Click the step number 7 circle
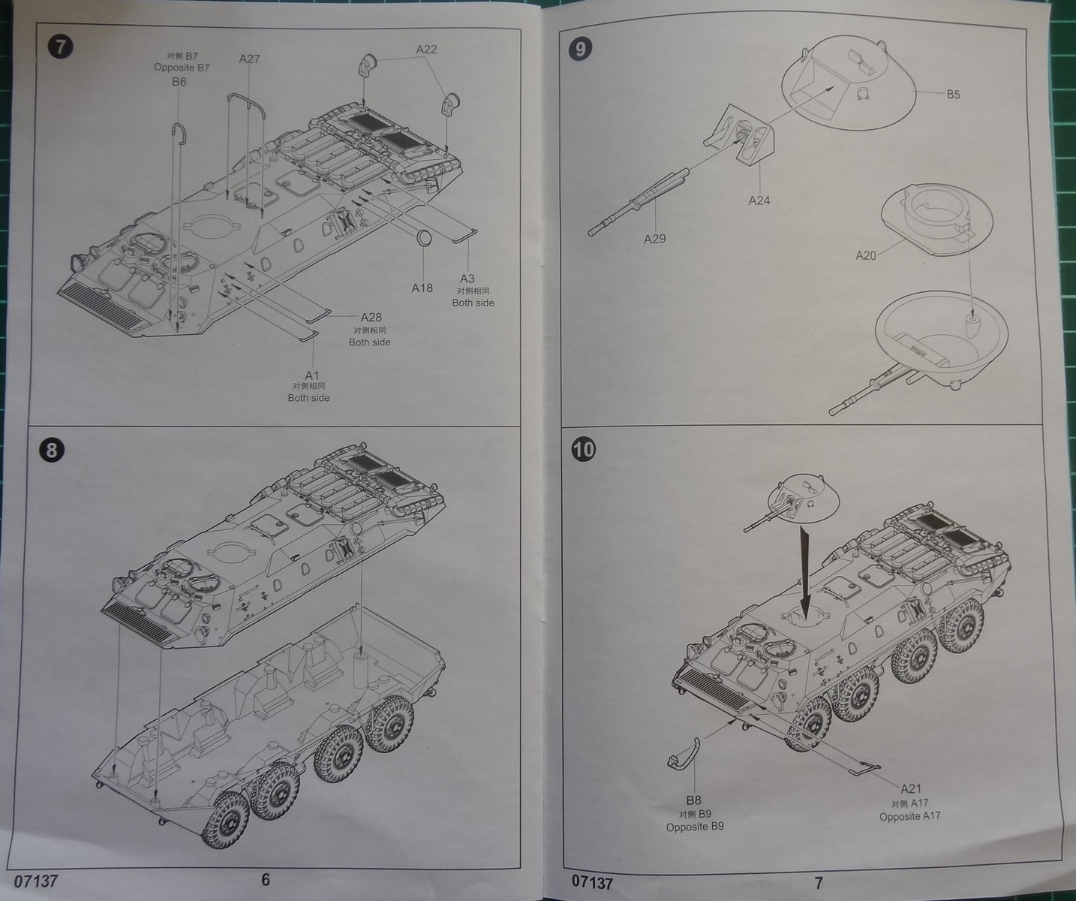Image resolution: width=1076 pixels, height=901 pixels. point(61,47)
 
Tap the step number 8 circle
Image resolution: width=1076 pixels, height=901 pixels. point(51,450)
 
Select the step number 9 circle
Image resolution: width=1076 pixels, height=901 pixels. point(581,49)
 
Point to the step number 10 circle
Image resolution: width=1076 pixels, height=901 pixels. point(583,449)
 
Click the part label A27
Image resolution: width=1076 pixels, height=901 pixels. point(250,59)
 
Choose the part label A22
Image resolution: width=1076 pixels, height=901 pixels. point(426,49)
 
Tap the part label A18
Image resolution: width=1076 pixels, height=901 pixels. point(422,288)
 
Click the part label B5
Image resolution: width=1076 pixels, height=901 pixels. point(953,95)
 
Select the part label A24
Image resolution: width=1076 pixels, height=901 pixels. point(759,200)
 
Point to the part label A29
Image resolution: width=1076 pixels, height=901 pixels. point(654,239)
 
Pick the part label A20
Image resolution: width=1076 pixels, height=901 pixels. point(866,255)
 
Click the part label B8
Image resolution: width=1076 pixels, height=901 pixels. point(694,800)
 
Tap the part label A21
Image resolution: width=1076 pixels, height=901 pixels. point(911,788)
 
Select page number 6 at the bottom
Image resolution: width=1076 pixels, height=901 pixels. point(266,879)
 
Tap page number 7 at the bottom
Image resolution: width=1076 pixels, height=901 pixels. point(819,882)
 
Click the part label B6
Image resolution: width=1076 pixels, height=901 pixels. point(179,81)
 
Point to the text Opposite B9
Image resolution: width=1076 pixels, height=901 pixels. point(695,827)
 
